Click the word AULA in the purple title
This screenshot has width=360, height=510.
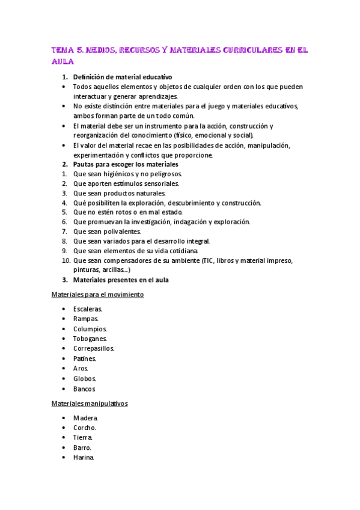tap(62, 62)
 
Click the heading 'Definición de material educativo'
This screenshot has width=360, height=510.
tap(122, 77)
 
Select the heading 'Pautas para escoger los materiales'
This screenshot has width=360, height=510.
tap(125, 164)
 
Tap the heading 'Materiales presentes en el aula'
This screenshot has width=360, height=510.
tap(121, 280)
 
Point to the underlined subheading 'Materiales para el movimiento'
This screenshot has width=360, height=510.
tap(97, 295)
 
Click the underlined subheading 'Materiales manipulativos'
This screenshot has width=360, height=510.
tap(90, 404)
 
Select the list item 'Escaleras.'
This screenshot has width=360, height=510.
tap(88, 309)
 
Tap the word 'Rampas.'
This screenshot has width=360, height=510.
tap(85, 319)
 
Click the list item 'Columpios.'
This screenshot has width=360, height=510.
tap(90, 329)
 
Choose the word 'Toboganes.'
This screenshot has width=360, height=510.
tap(91, 339)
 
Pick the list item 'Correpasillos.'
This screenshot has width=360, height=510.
tap(94, 348)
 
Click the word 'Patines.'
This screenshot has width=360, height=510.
tap(85, 358)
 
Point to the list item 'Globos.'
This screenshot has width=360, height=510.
tap(85, 378)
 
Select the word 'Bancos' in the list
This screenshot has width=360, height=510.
tap(84, 389)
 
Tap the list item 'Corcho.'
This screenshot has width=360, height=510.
tap(85, 428)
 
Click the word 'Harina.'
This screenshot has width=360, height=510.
tap(84, 457)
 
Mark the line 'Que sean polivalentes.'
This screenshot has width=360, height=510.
tap(107, 232)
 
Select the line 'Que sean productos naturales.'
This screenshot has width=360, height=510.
tap(119, 193)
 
